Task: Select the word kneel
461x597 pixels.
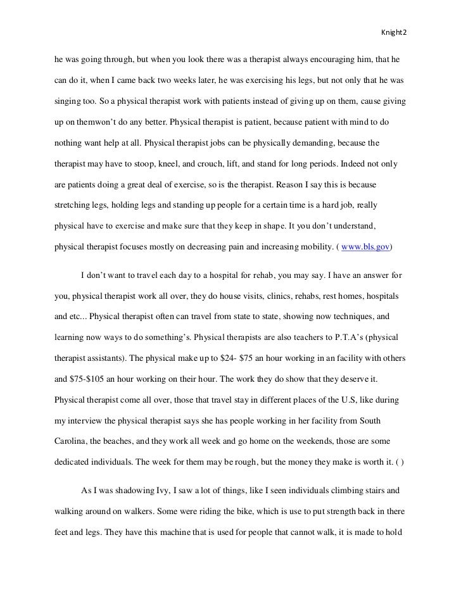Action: [174, 163]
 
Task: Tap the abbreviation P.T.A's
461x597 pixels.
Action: [311, 337]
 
